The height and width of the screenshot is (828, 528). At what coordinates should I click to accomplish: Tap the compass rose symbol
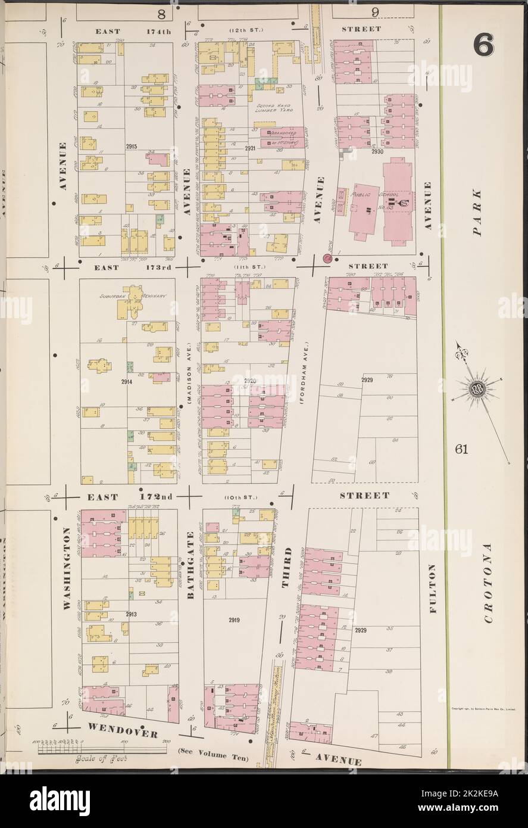pyautogui.click(x=477, y=390)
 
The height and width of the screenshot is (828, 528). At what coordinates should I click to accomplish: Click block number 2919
pyautogui.click(x=234, y=620)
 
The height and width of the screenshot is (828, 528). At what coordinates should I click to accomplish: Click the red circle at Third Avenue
pyautogui.click(x=327, y=259)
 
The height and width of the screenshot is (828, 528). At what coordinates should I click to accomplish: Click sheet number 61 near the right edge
pyautogui.click(x=461, y=449)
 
